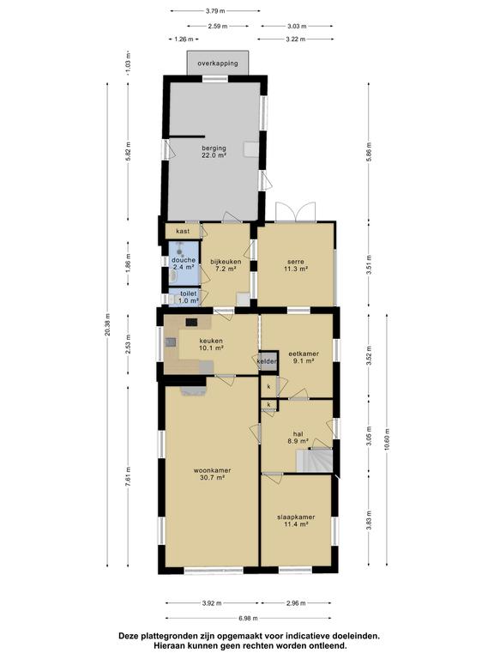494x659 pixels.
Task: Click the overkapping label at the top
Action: tap(218, 63)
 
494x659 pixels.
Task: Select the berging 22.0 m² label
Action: tap(214, 151)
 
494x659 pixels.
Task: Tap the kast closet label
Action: tap(183, 231)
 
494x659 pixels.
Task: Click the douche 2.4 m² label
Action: tap(184, 263)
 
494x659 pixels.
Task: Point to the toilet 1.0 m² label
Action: tap(189, 297)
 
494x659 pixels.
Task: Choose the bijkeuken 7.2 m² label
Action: tap(226, 265)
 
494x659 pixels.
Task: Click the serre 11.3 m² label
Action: tap(296, 265)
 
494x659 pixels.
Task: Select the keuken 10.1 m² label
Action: tap(211, 344)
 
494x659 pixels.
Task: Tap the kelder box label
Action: tap(268, 361)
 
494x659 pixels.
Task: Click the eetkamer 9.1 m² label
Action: tap(304, 357)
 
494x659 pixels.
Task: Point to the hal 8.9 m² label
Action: tap(298, 438)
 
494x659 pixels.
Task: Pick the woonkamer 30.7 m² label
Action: tap(212, 474)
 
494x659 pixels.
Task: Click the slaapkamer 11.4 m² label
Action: tap(296, 520)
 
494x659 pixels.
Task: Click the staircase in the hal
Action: tap(314, 461)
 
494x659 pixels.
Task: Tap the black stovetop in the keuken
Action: tap(191, 322)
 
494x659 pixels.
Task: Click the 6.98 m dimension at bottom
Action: tap(248, 618)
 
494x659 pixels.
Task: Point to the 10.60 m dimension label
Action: tap(387, 439)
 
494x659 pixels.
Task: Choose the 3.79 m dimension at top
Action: tap(214, 11)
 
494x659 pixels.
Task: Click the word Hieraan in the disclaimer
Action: tap(168, 645)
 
